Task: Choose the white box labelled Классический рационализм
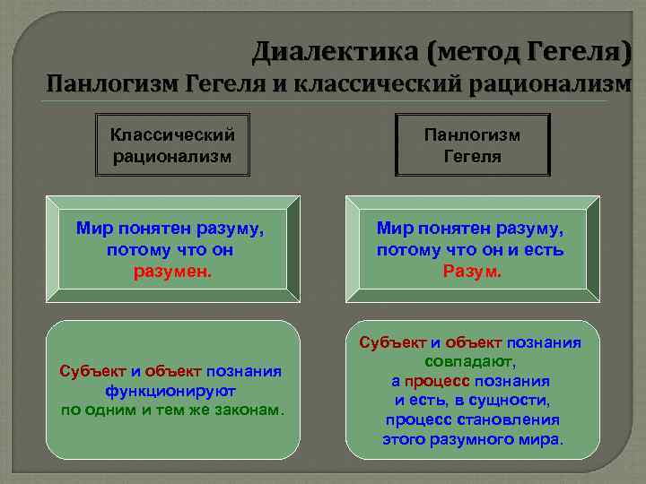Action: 172,145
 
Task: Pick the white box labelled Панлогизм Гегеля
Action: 472,145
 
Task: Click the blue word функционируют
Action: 170,391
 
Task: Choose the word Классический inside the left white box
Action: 172,135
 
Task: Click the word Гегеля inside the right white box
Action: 472,156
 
